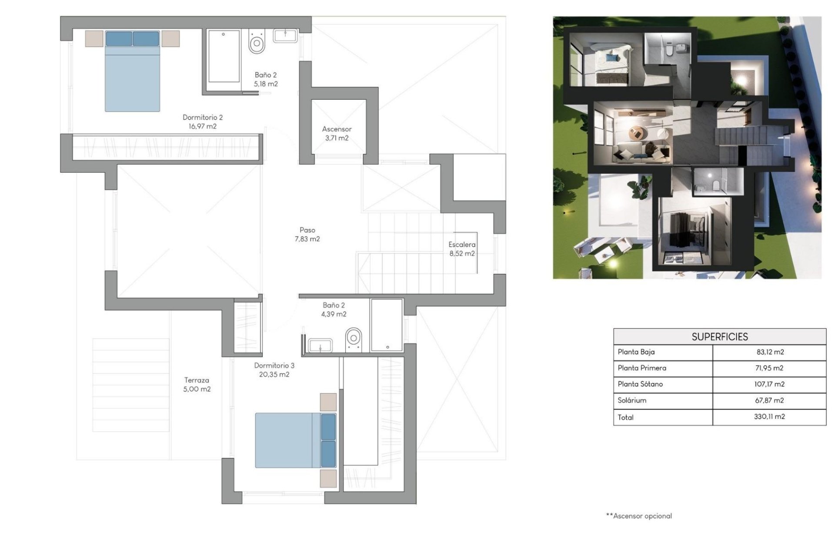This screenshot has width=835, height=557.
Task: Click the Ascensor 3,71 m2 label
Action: (337, 134)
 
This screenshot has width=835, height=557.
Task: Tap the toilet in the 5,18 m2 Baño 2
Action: (257, 43)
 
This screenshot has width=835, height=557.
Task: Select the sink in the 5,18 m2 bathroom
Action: (285, 36)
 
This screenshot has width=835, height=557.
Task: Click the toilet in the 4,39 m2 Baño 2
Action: (354, 339)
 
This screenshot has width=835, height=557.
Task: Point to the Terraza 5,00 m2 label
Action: (197, 385)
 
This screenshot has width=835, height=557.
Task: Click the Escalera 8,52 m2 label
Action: (462, 249)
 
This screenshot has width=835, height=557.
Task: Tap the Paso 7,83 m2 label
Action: (307, 234)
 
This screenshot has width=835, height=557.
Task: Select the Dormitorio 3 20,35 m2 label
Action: (274, 370)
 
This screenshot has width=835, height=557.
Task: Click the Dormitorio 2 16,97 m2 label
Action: (202, 122)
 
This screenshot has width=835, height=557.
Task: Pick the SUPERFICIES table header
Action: (719, 337)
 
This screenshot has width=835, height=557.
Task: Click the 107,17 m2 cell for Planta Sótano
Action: (769, 384)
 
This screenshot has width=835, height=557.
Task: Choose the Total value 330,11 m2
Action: (769, 416)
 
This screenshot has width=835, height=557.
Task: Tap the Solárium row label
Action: (632, 400)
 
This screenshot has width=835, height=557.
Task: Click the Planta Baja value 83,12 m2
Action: (769, 352)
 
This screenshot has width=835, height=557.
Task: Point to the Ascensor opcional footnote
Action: (639, 516)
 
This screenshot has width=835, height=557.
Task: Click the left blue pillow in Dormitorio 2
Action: (119, 38)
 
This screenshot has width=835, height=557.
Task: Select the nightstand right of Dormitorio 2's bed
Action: (170, 38)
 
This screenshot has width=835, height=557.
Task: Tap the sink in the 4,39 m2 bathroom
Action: (320, 346)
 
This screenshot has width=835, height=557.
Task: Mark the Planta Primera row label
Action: (642, 368)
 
